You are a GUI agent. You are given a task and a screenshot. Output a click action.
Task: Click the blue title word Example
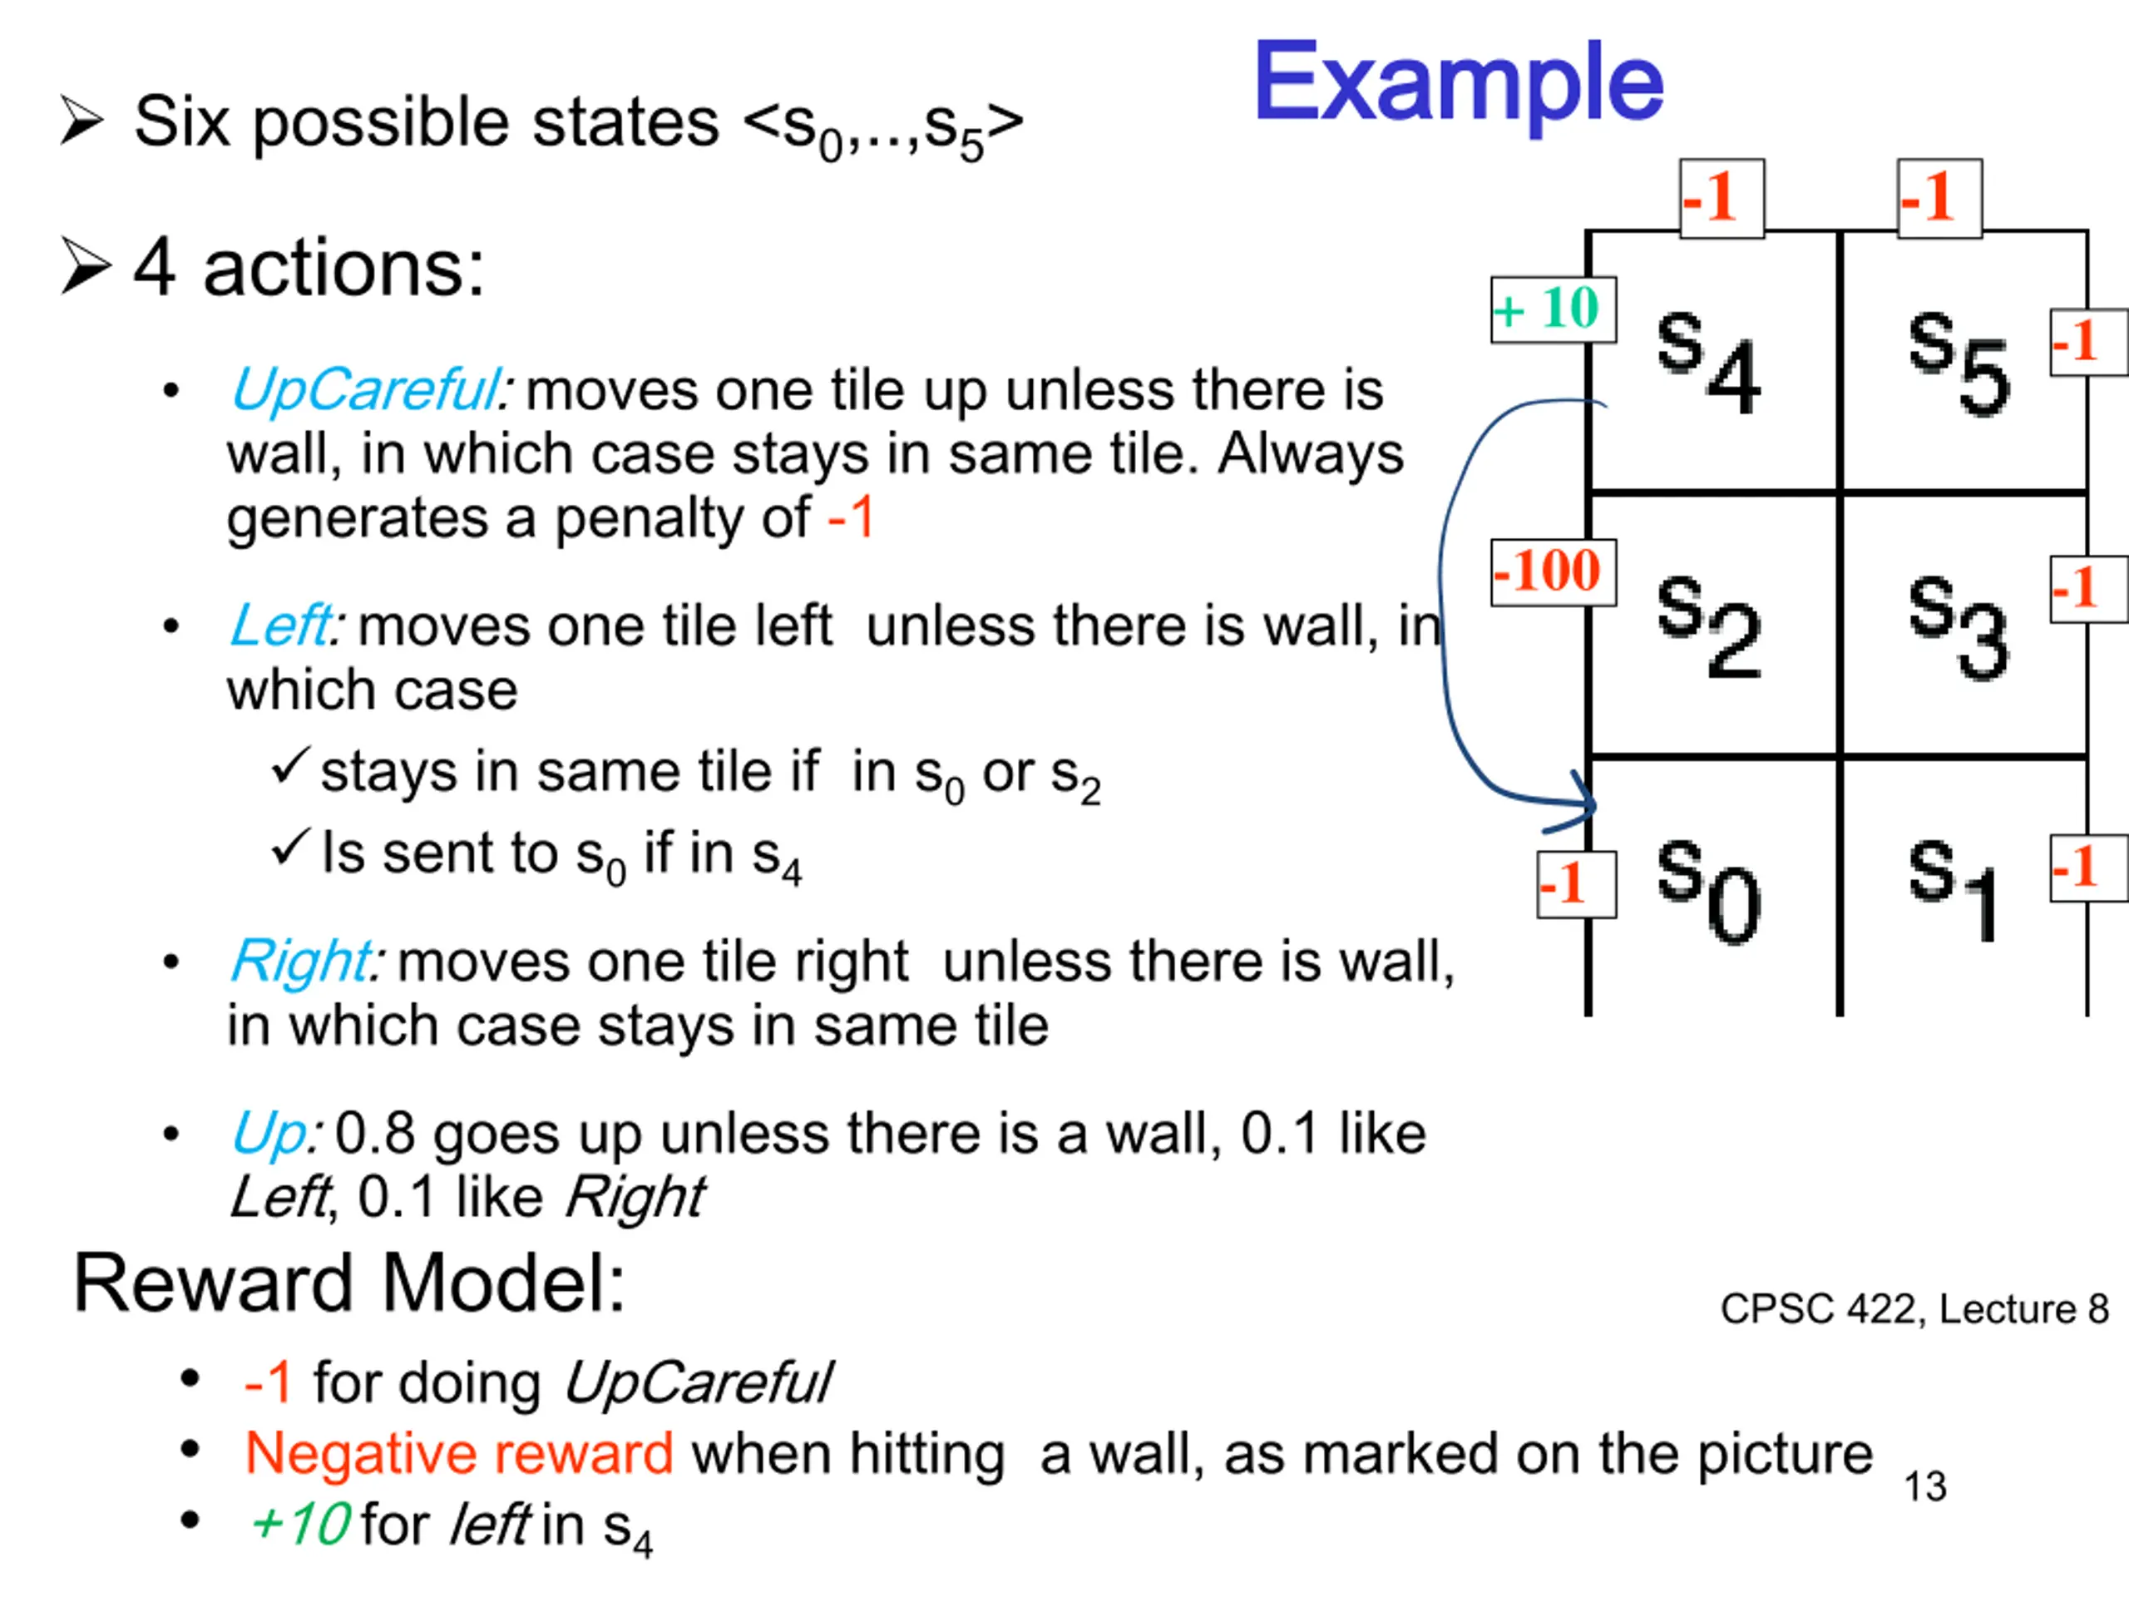click(1457, 85)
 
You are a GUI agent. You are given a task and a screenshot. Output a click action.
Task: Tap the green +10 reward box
click(1552, 310)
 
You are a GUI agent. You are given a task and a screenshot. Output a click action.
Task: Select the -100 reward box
click(1552, 571)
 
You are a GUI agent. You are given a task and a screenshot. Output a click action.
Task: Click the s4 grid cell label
click(1708, 362)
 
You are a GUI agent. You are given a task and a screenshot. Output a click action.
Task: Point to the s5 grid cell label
click(1959, 362)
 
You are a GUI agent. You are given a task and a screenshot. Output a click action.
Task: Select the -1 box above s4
click(1721, 198)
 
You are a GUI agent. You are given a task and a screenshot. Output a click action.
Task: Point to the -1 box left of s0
click(1576, 883)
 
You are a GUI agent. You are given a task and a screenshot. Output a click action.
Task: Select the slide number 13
click(1925, 1486)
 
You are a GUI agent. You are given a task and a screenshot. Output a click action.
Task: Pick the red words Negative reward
click(459, 1452)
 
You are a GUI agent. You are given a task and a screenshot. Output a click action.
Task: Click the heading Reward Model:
click(349, 1283)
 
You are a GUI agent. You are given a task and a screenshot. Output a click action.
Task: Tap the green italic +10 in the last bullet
click(299, 1524)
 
